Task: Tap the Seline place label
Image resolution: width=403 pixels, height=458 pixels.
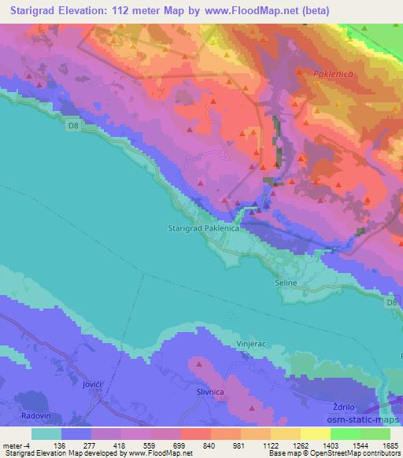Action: click(287, 283)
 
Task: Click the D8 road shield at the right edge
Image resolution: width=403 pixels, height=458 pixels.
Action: click(392, 302)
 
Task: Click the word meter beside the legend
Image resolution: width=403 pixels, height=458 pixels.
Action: click(13, 445)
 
